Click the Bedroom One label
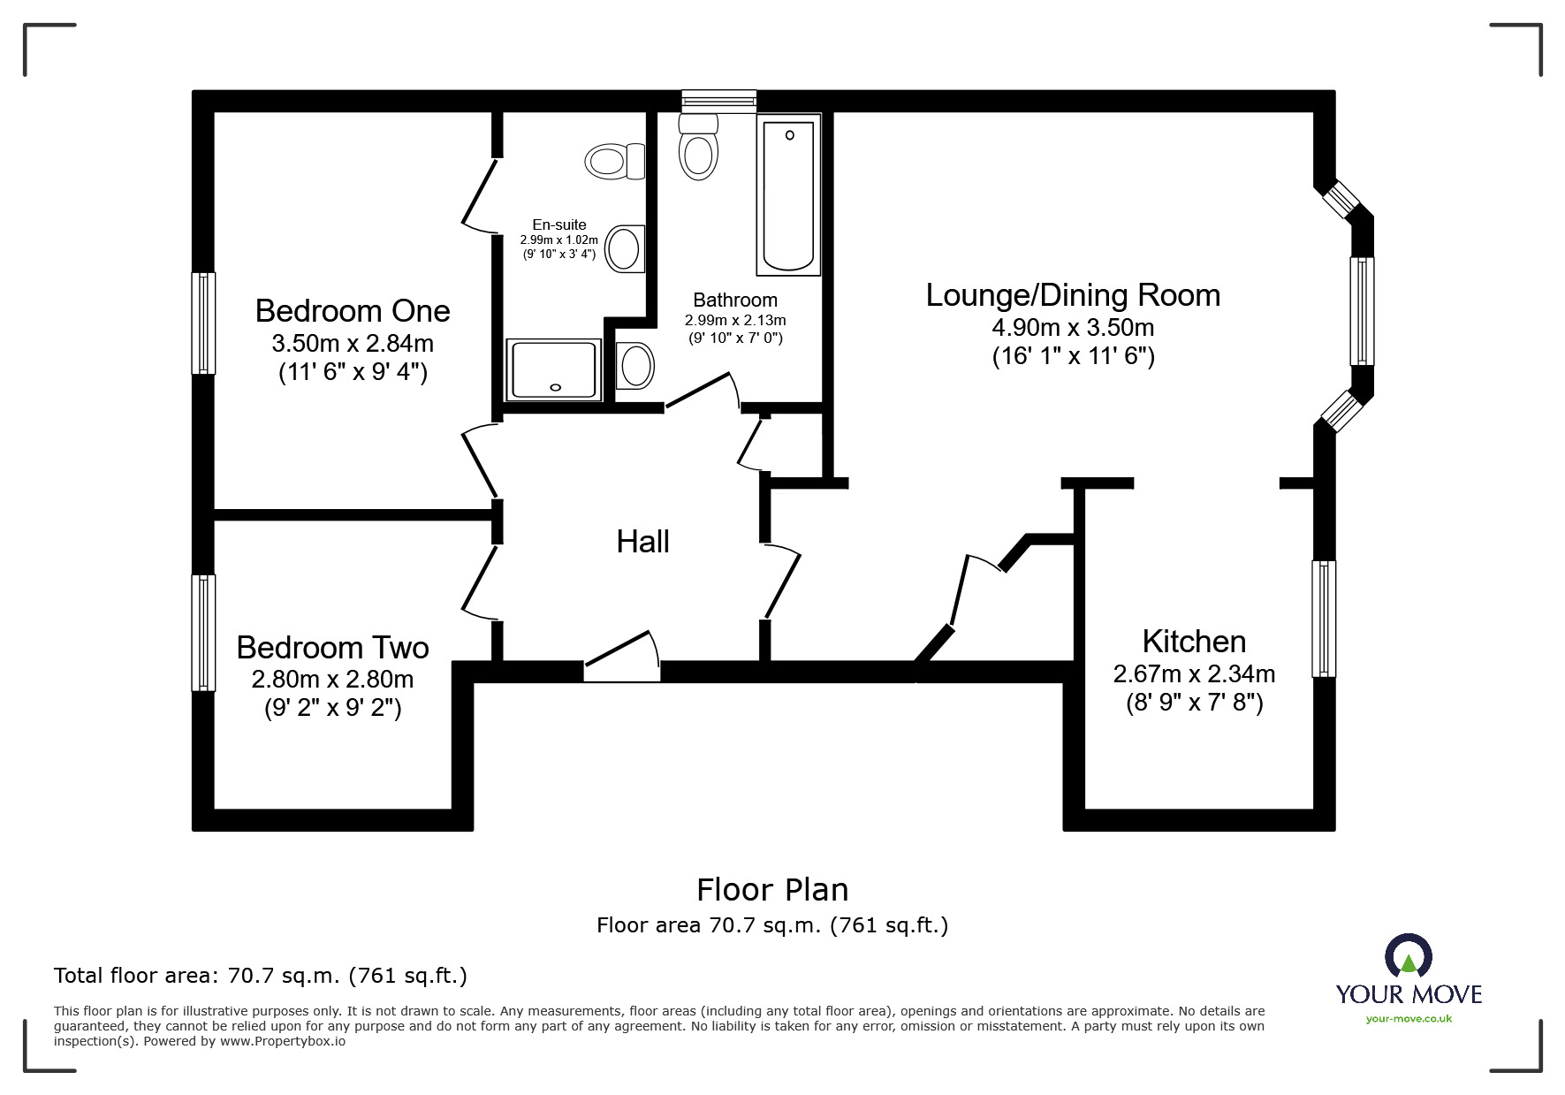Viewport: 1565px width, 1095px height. click(x=353, y=311)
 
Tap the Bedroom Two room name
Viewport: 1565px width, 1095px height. click(x=332, y=648)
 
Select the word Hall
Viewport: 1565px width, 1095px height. click(x=642, y=542)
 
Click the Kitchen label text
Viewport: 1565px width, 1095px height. click(x=1194, y=642)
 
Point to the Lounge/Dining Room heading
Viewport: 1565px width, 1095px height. click(x=1073, y=295)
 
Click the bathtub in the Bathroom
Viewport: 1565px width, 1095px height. click(x=788, y=196)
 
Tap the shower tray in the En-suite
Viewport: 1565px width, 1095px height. click(x=554, y=369)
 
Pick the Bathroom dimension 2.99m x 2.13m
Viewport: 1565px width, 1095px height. click(x=735, y=320)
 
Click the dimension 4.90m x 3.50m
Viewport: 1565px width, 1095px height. click(x=1073, y=328)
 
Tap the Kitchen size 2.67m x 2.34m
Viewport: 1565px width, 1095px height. click(x=1194, y=674)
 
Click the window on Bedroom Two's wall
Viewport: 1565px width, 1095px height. click(x=204, y=633)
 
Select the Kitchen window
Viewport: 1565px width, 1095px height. click(x=1324, y=619)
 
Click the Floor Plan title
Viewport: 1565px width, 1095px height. click(x=772, y=890)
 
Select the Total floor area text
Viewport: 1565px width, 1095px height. click(x=261, y=976)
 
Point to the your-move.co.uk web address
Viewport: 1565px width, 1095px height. click(x=1409, y=1019)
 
